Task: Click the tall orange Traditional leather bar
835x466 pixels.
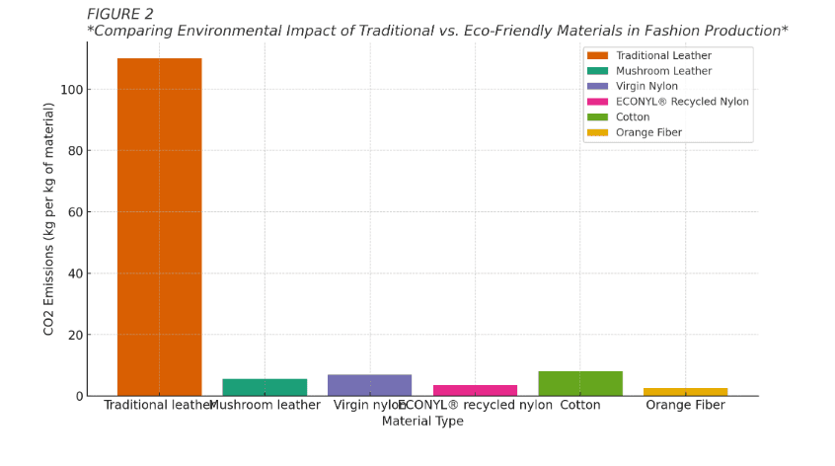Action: [x=159, y=227]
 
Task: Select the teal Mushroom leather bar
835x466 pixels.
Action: [x=265, y=387]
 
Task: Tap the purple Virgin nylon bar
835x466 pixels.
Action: [x=369, y=385]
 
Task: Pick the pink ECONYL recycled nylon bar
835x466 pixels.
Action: [x=475, y=390]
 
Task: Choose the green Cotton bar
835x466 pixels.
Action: [x=580, y=384]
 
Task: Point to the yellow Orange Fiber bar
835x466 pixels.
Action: [x=685, y=392]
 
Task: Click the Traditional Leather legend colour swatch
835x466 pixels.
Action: [x=597, y=55]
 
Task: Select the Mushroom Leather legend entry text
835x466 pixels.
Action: [x=663, y=71]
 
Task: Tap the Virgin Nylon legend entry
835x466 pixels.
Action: [x=646, y=86]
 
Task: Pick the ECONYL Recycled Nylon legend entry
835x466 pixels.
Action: [x=682, y=102]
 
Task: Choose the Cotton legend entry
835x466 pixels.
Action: [x=633, y=116]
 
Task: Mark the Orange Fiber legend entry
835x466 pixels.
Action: [x=648, y=132]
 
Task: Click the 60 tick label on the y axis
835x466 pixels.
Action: [x=73, y=212]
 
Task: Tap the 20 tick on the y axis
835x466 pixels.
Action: [x=73, y=335]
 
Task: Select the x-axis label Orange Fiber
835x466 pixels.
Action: [x=685, y=405]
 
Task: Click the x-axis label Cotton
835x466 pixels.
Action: [x=580, y=405]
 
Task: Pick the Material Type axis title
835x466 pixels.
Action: [x=422, y=421]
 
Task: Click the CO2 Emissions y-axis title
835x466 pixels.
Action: [x=49, y=218]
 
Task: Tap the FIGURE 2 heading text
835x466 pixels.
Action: [x=120, y=14]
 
